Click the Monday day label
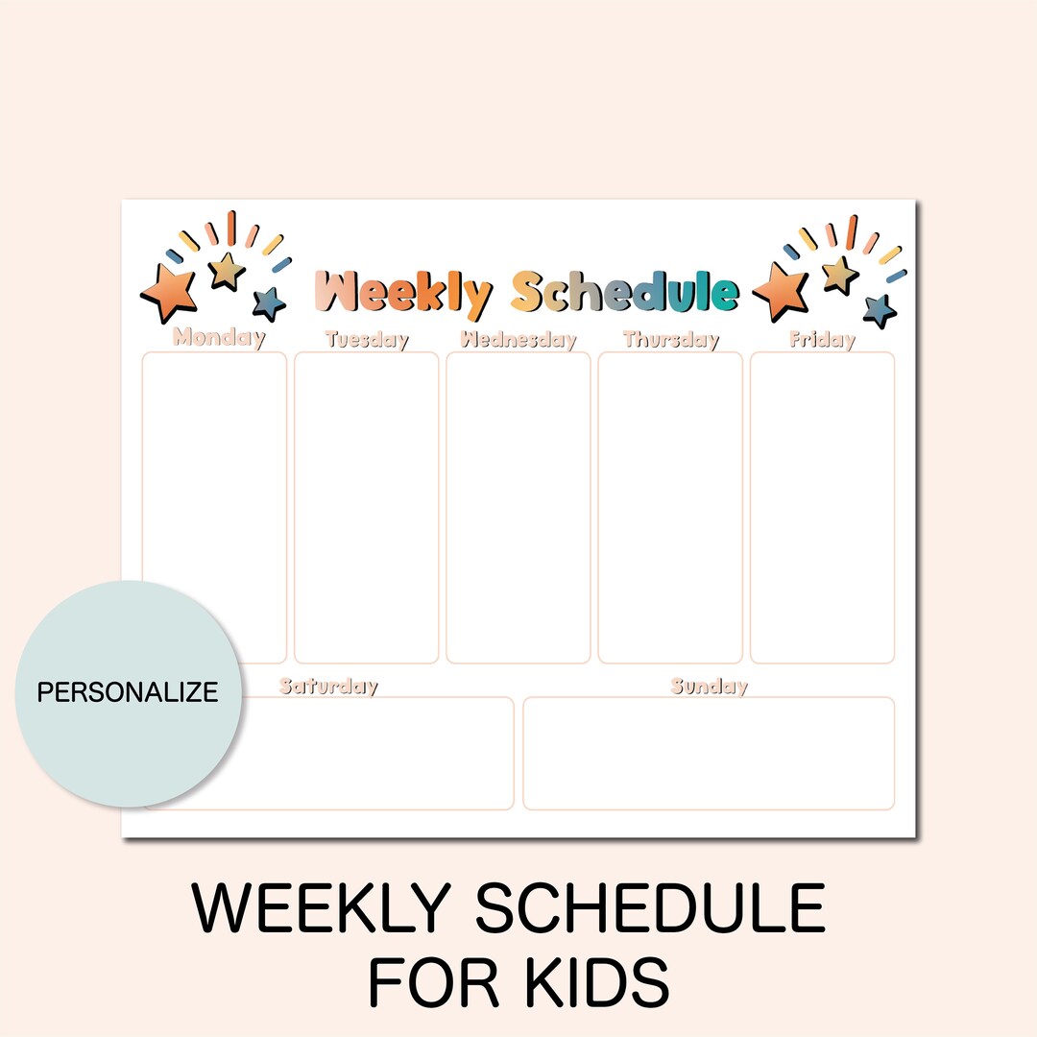point(219,338)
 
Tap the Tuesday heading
point(367,339)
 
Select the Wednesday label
point(518,339)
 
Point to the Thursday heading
point(671,339)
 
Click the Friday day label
point(822,339)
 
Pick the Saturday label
point(328,687)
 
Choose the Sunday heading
point(709,687)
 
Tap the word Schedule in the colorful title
point(624,292)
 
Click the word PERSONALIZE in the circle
point(128,691)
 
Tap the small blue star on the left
point(270,303)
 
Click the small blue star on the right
point(879,310)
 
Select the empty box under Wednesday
point(518,507)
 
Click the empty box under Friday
point(822,507)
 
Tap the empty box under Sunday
point(709,753)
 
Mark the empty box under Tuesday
point(367,507)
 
